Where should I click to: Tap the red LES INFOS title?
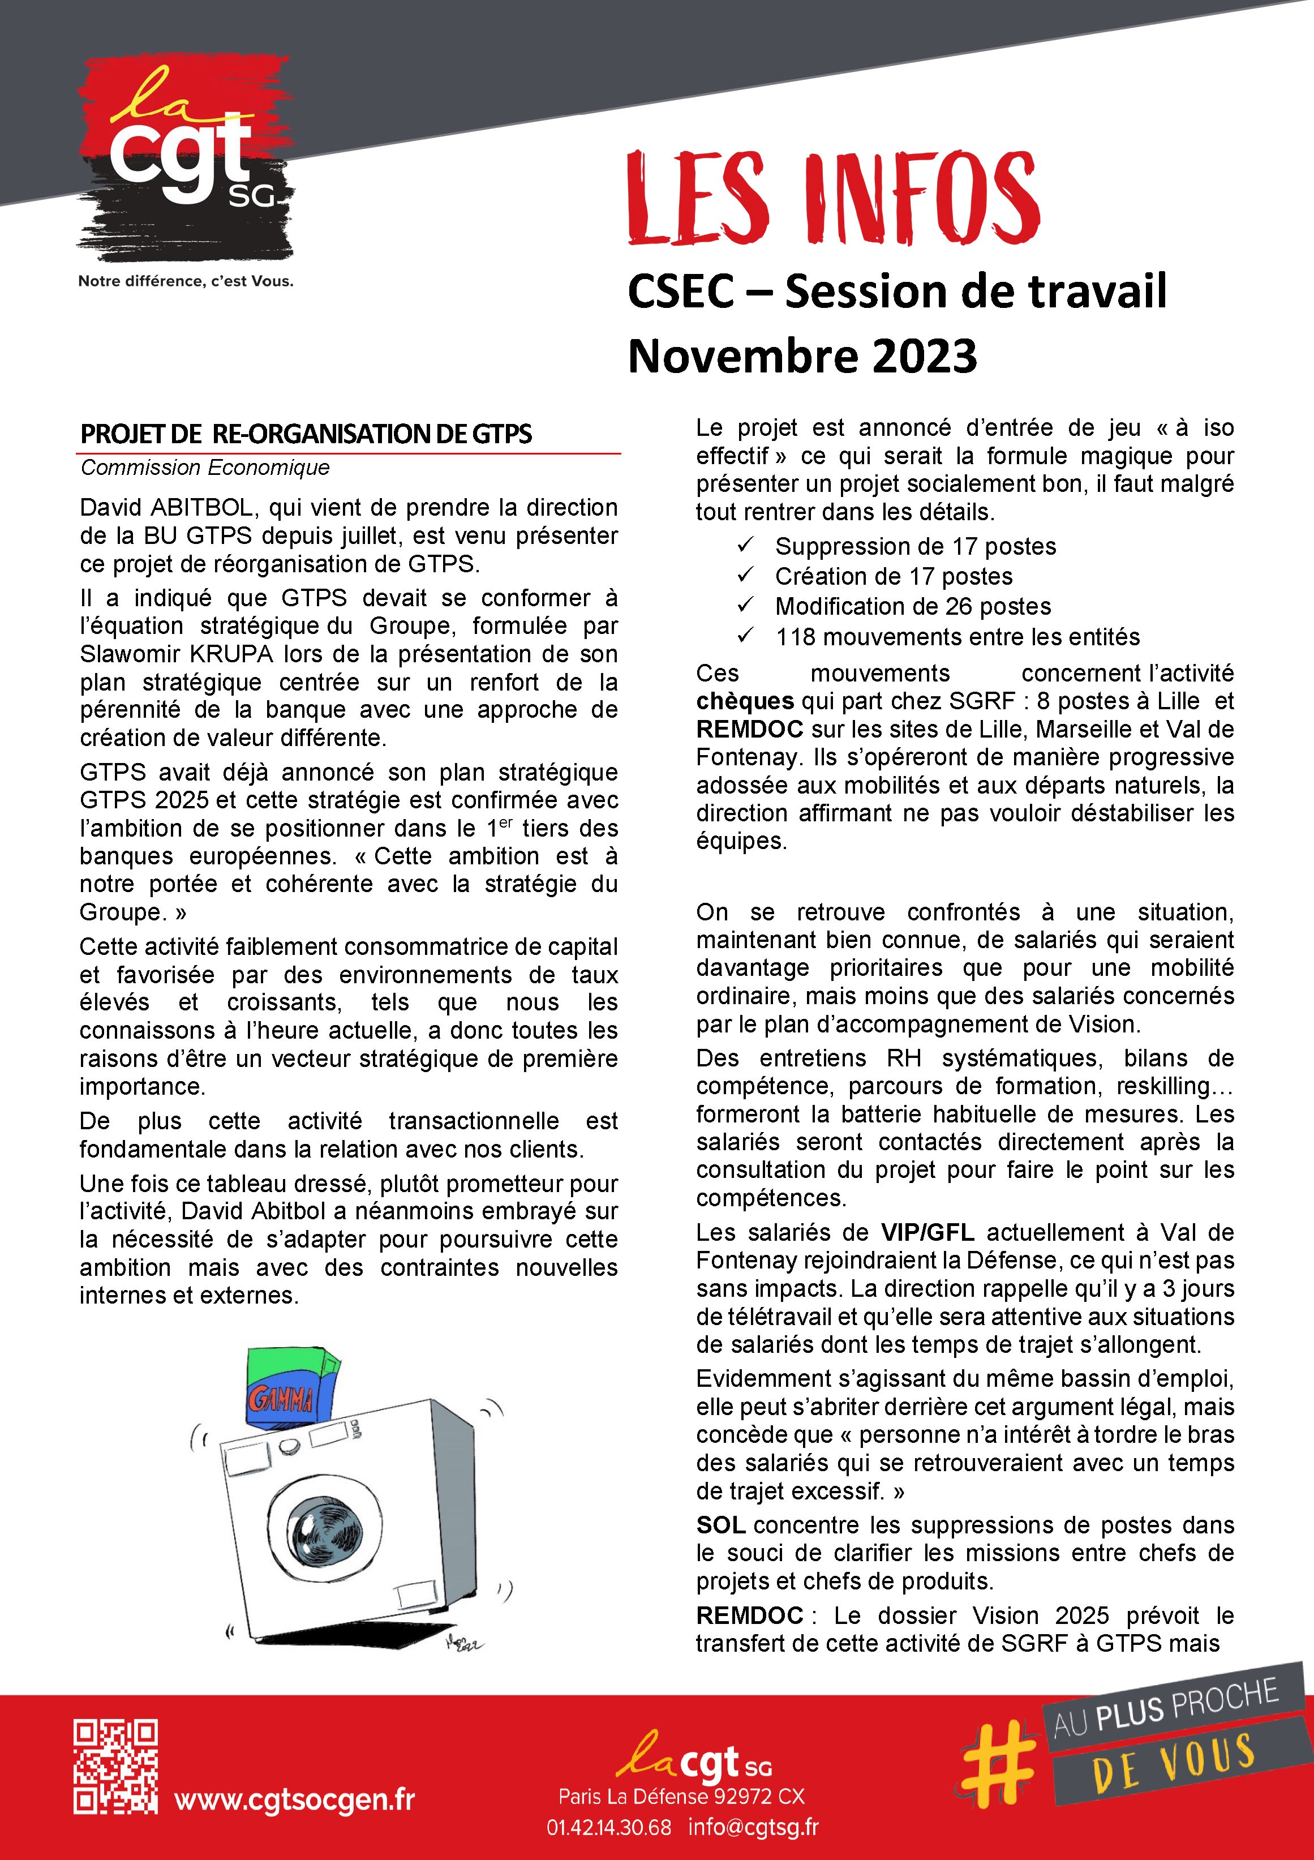pos(833,198)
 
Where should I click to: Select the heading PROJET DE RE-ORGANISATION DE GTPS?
pos(306,434)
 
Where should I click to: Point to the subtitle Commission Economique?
pos(205,468)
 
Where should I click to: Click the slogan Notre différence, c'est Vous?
pos(186,281)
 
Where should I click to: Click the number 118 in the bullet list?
pos(795,637)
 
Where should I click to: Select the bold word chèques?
pos(745,701)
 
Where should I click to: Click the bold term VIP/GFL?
pos(927,1232)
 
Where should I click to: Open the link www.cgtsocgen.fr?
pos(294,1799)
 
